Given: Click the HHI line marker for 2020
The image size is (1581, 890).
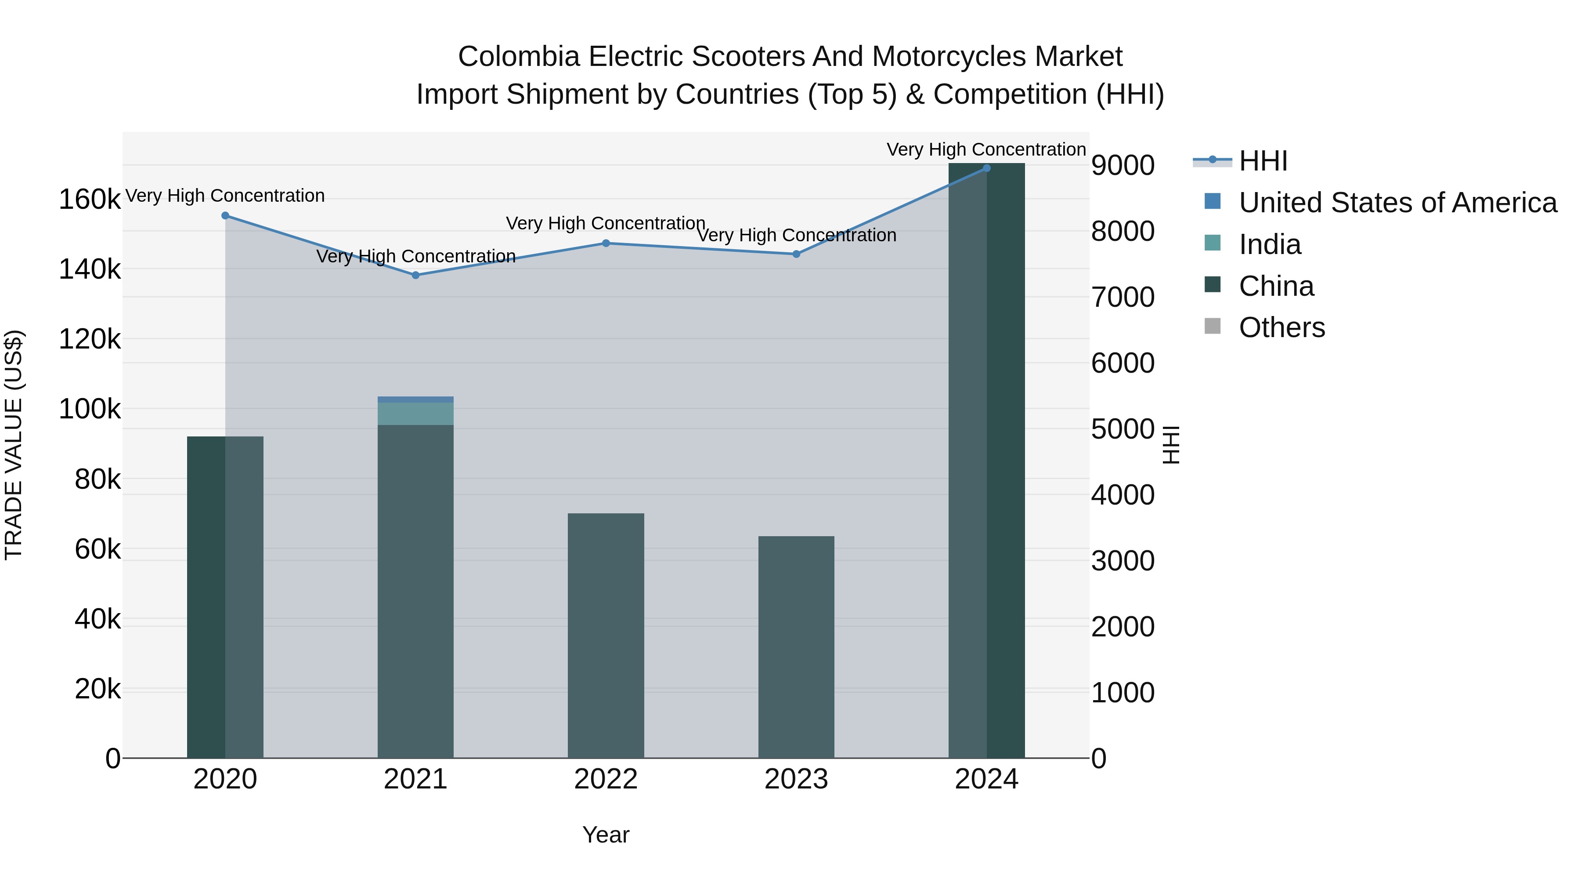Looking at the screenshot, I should (225, 216).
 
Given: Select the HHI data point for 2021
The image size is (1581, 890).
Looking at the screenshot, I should (415, 275).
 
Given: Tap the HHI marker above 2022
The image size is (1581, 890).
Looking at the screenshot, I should (606, 243).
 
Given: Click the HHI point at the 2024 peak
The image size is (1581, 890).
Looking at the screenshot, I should (986, 168).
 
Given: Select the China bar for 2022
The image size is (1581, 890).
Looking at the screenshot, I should (606, 636).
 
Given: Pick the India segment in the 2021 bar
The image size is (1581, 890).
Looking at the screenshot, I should (415, 414).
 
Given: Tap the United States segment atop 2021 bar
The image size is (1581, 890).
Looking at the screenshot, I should (415, 399).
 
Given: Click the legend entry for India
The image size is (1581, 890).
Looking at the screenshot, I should (1269, 244).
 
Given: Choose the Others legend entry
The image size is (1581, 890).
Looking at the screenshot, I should (1281, 327).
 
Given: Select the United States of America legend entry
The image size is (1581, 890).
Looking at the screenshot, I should (1397, 203).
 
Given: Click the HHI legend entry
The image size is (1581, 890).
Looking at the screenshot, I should (1263, 161).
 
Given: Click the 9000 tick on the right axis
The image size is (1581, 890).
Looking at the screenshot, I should (1123, 165).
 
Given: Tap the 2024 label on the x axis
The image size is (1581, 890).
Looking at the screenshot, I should (986, 779).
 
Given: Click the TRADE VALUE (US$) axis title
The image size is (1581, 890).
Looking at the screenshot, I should (14, 445).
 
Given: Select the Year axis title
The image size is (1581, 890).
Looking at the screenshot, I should (606, 835).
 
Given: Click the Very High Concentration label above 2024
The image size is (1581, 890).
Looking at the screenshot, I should (986, 149).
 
